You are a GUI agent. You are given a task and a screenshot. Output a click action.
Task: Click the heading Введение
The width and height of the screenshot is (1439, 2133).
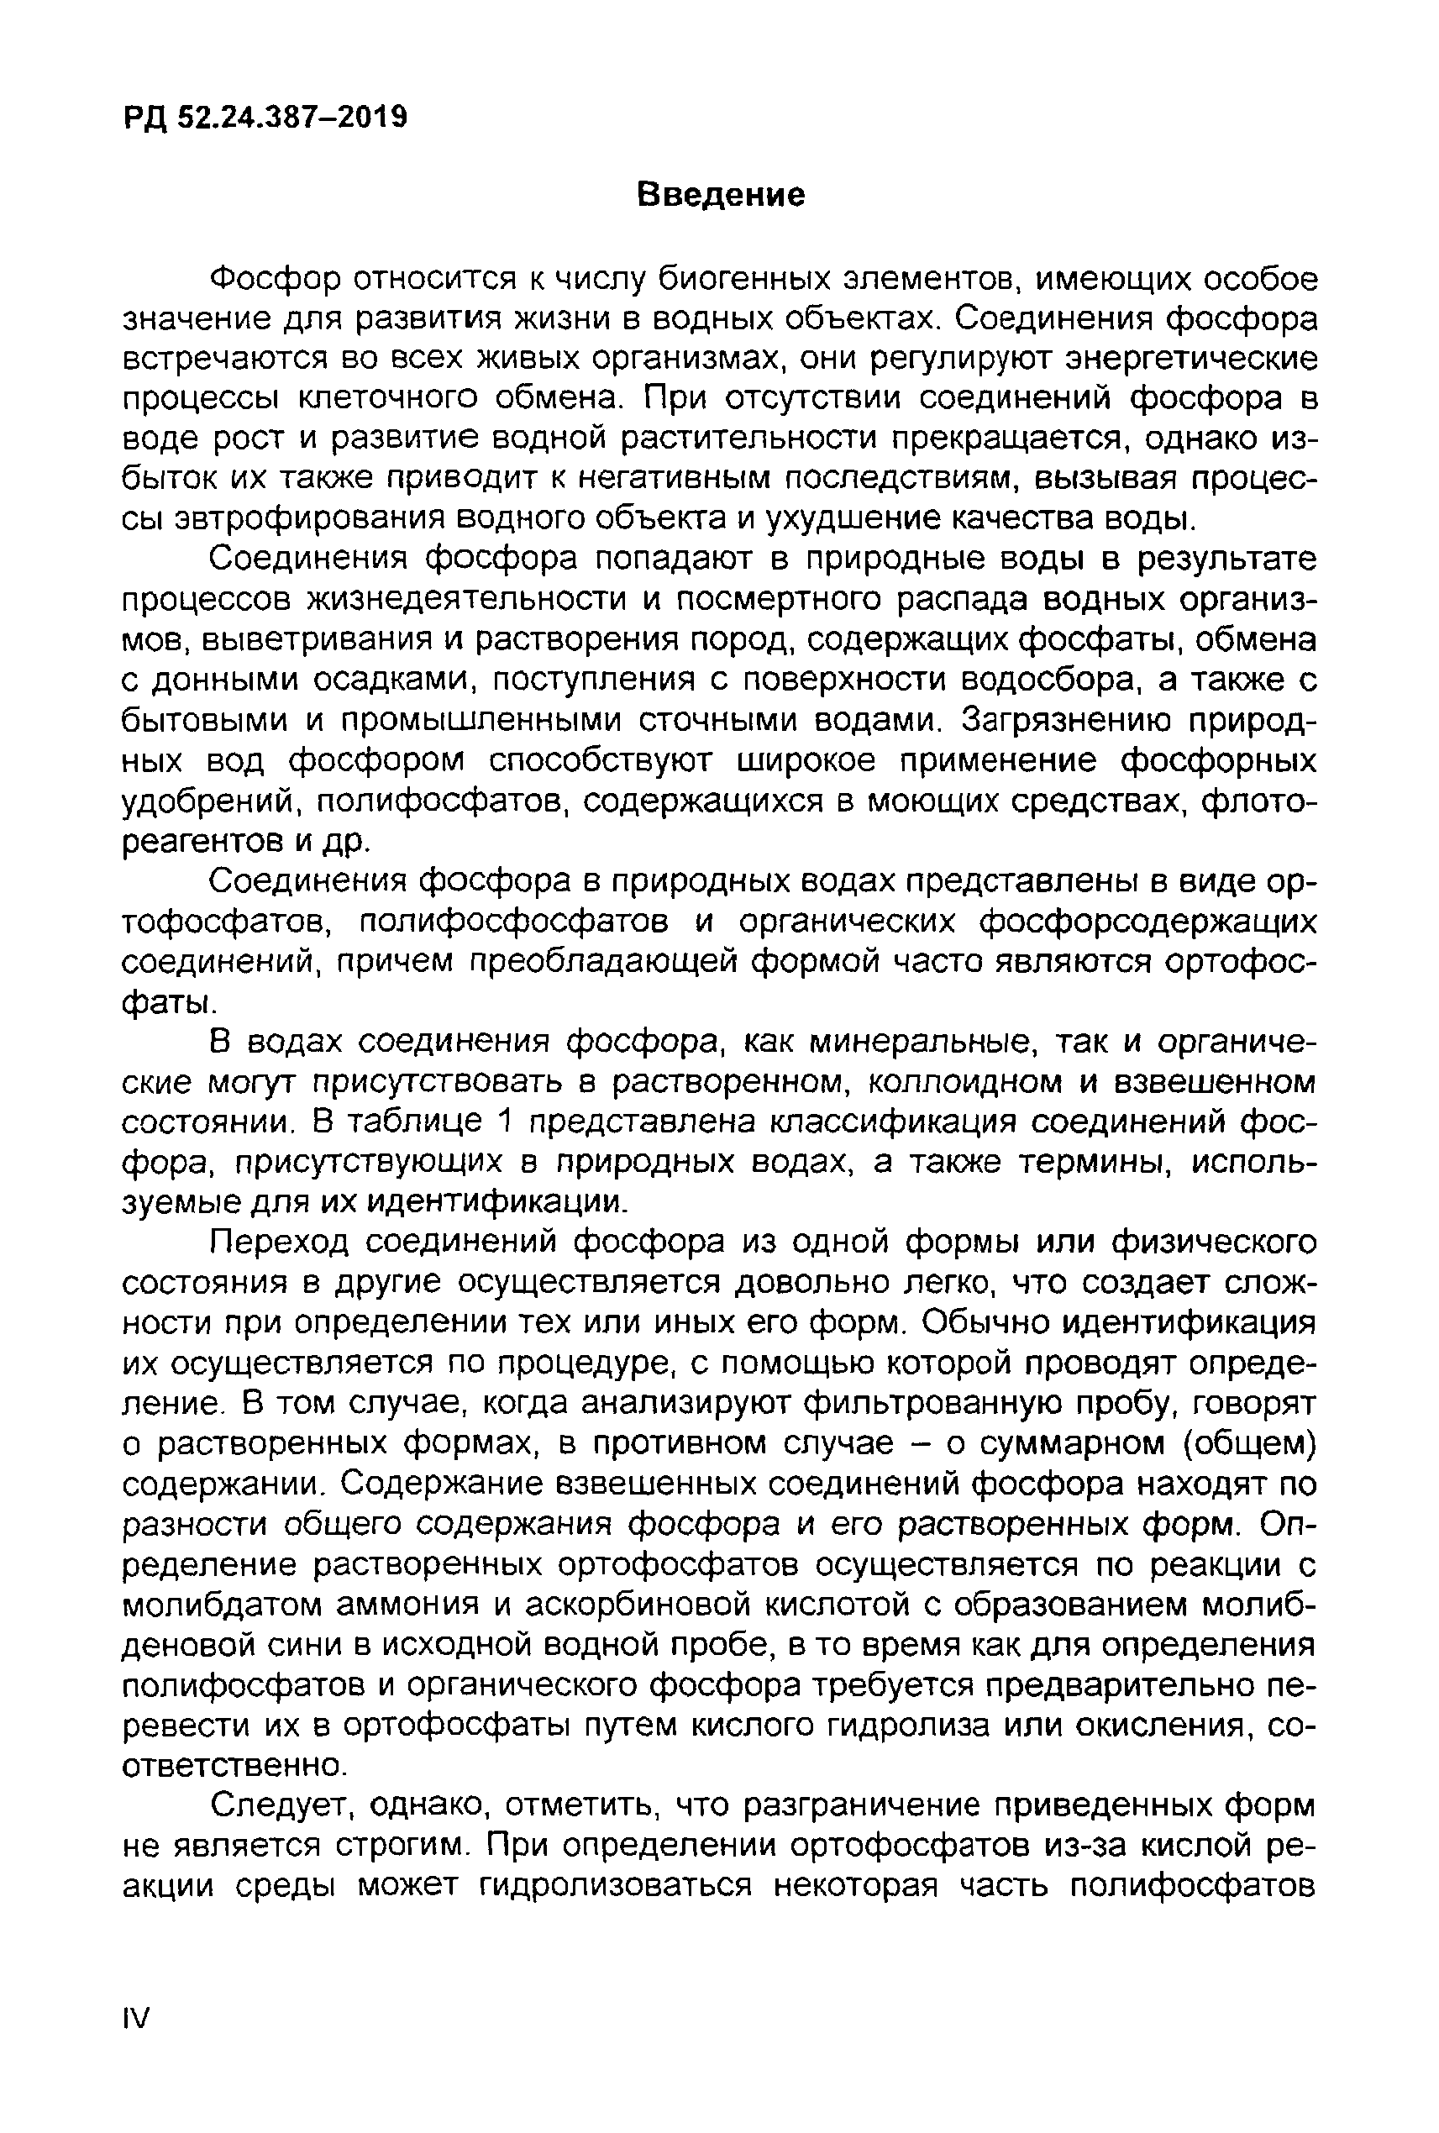point(722,195)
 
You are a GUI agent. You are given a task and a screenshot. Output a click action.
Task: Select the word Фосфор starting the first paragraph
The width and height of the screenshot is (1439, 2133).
point(276,277)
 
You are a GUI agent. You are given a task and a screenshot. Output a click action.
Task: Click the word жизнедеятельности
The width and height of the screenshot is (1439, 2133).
point(469,598)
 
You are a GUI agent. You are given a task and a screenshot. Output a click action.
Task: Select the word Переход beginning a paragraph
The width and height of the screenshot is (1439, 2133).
point(279,1242)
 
